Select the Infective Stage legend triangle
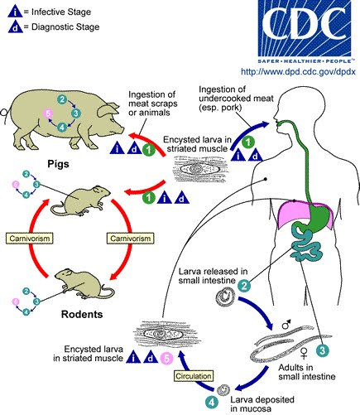click(x=10, y=12)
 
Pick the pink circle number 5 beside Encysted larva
click(x=165, y=358)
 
